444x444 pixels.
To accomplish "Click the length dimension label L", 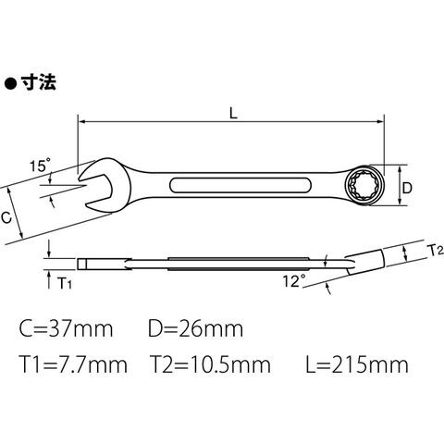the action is point(234,113).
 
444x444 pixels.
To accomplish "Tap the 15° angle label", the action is point(40,166).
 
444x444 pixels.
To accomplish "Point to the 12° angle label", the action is point(294,281).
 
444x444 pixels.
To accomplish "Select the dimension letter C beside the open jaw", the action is point(6,217).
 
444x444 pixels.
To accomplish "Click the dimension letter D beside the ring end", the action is point(407,188).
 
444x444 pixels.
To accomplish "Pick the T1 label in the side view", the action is point(65,283).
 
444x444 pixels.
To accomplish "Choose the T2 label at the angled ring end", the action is point(437,251).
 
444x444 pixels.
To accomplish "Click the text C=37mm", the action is point(66,328).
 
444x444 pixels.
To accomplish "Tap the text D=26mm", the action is point(195,328).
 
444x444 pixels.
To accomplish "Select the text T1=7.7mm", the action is point(73,364).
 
